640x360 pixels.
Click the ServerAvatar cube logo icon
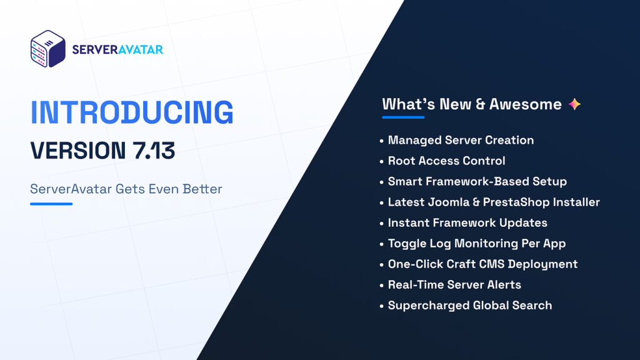pyautogui.click(x=48, y=49)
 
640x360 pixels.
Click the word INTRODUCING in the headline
pyautogui.click(x=132, y=112)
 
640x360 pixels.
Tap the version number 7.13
pyautogui.click(x=151, y=151)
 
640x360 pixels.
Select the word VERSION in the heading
pyautogui.click(x=77, y=151)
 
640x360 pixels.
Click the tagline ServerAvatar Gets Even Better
pyautogui.click(x=126, y=189)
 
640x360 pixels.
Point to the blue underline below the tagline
pyautogui.click(x=51, y=204)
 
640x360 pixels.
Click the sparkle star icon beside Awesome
pyautogui.click(x=574, y=104)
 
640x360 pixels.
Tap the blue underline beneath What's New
pyautogui.click(x=403, y=117)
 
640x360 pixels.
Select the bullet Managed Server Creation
pyautogui.click(x=461, y=140)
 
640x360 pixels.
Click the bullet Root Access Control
pyautogui.click(x=446, y=161)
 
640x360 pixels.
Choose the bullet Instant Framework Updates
pyautogui.click(x=467, y=222)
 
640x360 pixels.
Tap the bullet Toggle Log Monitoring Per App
pyautogui.click(x=476, y=243)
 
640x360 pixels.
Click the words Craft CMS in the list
pyautogui.click(x=488, y=264)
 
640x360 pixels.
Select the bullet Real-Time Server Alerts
pyautogui.click(x=454, y=284)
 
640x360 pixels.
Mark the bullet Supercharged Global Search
pyautogui.click(x=469, y=305)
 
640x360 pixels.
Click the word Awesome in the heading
pyautogui.click(x=525, y=104)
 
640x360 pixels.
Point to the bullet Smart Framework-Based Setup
pyautogui.click(x=477, y=181)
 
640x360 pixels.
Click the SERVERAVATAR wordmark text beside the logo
pyautogui.click(x=117, y=49)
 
